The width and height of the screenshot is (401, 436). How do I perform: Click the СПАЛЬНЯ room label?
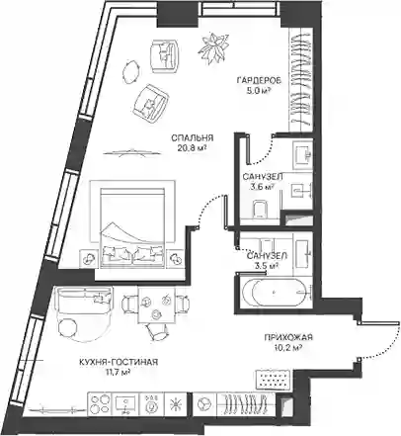point(193,137)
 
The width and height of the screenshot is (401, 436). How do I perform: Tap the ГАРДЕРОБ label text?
point(259,80)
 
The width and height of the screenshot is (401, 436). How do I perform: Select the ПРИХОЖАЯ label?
point(288,337)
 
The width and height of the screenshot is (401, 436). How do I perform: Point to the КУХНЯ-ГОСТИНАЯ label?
point(119,362)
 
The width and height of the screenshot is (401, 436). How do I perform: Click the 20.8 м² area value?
point(193,148)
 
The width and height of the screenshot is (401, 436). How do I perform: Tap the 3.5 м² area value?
point(267,266)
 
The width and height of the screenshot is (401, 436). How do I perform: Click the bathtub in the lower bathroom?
point(274,293)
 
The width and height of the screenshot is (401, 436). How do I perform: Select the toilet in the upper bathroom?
point(260,209)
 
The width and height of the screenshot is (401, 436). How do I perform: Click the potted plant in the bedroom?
point(213,46)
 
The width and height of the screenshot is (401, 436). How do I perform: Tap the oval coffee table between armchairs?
point(131,71)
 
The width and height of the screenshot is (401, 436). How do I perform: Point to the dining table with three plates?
point(156,305)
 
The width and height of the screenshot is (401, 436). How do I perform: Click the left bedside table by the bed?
point(88,258)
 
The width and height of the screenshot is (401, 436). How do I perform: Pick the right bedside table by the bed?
point(175,258)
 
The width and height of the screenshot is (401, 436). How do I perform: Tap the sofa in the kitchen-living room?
point(83,300)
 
